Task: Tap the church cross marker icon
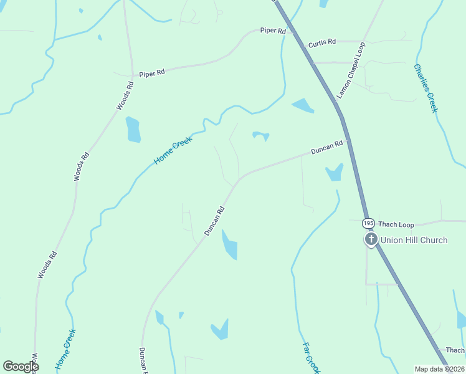(x=371, y=239)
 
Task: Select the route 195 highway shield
(x=368, y=223)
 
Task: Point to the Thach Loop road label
(x=396, y=224)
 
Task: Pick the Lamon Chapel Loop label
(x=351, y=70)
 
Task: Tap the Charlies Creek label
(x=426, y=88)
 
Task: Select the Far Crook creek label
(x=311, y=357)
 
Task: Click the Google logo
(x=21, y=366)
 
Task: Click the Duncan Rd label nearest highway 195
(x=328, y=148)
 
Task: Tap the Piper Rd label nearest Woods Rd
(x=152, y=73)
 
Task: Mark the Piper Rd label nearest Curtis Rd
(x=273, y=31)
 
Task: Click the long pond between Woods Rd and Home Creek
(x=133, y=129)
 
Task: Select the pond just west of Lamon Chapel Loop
(x=303, y=106)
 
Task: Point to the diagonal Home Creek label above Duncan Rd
(x=173, y=151)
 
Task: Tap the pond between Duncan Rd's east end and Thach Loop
(x=335, y=172)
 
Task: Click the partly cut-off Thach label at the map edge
(x=455, y=350)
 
